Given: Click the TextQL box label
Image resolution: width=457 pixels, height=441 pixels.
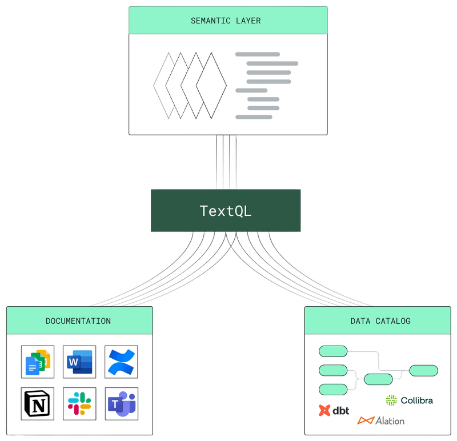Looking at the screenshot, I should [226, 211].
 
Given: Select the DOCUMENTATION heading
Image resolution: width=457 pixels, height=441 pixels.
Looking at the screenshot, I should [78, 321].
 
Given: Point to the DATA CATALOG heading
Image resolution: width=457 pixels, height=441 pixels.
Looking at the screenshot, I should [380, 321].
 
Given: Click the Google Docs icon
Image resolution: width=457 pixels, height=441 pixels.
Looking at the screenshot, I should [38, 362].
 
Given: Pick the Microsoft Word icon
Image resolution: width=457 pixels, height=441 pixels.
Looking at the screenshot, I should [80, 362].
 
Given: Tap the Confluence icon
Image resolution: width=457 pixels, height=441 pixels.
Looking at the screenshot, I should [122, 362].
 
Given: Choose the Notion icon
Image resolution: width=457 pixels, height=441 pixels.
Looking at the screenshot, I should [38, 404].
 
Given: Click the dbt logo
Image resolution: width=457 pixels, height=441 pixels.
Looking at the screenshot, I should [334, 410].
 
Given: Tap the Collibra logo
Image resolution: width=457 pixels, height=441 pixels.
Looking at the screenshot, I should [409, 400].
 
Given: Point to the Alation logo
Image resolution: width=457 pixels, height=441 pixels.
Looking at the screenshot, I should [381, 421].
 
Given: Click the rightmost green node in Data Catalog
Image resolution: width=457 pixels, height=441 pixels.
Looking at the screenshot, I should [424, 370].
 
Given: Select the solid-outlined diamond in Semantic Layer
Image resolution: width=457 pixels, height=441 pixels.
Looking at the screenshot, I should [211, 86].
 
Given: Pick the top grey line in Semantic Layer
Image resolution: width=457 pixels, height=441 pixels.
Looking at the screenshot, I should [258, 54].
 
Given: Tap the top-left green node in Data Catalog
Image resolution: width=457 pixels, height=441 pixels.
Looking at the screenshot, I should [333, 351].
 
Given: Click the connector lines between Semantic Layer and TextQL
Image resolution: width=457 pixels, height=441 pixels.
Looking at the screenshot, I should [226, 162].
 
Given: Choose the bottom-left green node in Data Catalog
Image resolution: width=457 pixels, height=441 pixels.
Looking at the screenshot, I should [333, 390].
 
